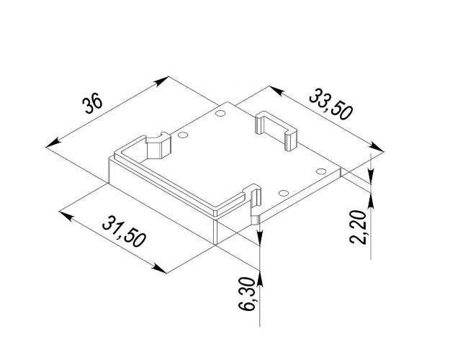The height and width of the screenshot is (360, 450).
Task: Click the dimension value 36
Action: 92,103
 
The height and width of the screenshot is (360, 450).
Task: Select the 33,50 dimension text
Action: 330,104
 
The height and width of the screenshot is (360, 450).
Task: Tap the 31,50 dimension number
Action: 124,231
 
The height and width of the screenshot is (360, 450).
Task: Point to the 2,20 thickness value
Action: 358,227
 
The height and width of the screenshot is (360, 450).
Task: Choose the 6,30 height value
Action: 247,294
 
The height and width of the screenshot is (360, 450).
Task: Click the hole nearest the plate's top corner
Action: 220,113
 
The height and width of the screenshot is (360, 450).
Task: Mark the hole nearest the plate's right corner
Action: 321,171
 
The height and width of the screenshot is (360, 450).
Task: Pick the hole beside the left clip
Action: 183,135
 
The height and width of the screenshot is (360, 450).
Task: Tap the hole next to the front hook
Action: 283,193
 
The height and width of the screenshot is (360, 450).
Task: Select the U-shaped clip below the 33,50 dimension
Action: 276,130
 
